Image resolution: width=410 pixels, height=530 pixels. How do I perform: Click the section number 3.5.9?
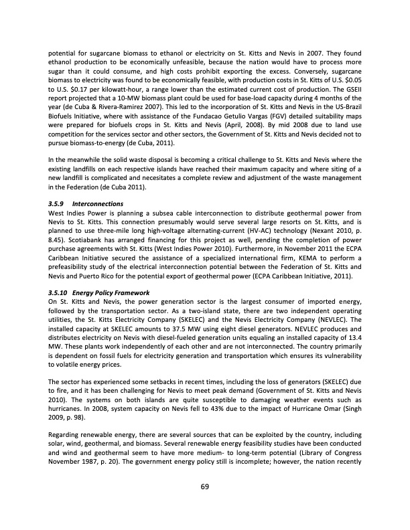tap(58, 202)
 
